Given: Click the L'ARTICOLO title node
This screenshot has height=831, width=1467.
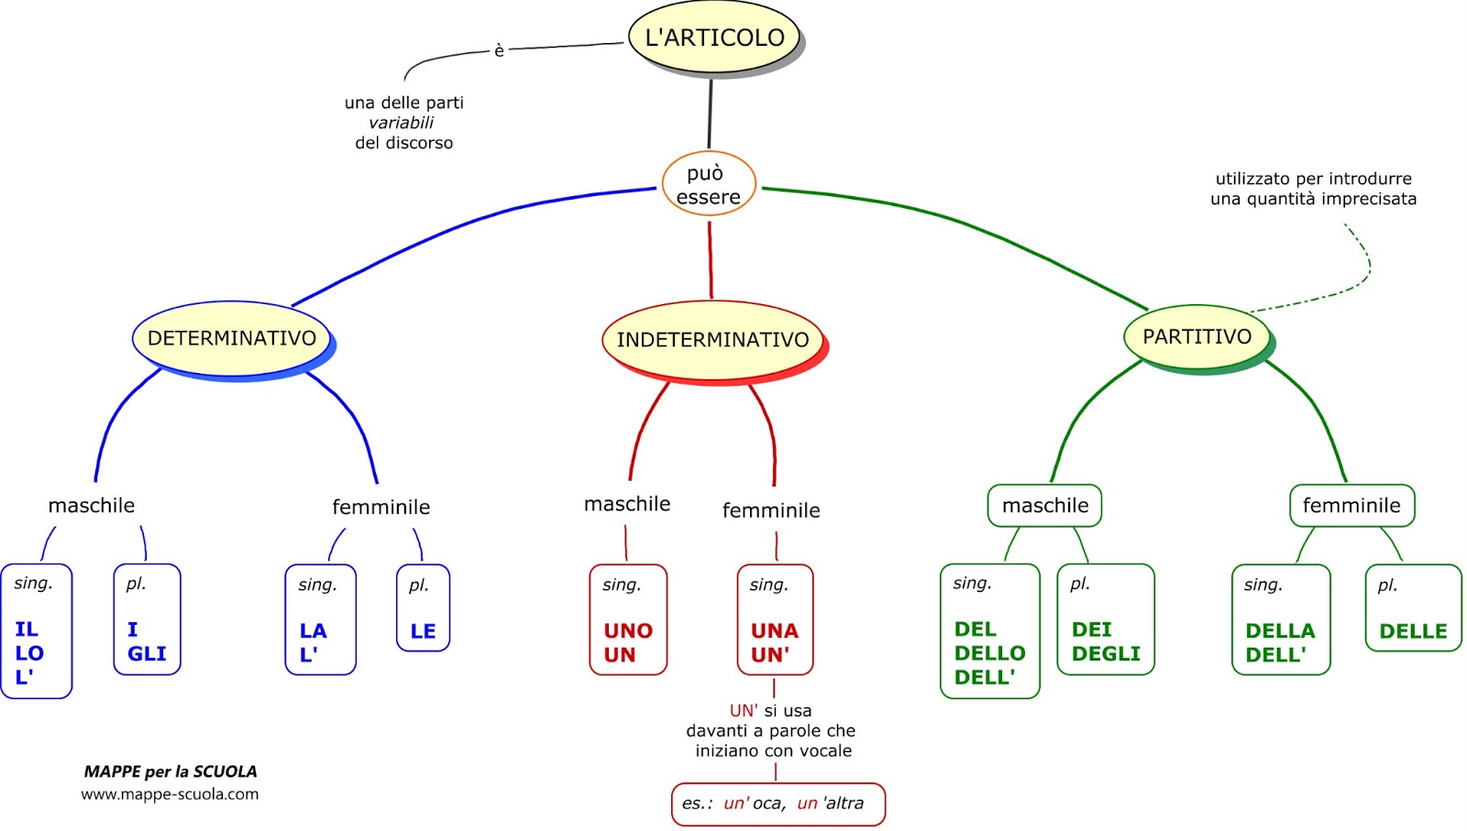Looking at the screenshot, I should [714, 38].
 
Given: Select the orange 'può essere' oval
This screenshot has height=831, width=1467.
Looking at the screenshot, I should [708, 184].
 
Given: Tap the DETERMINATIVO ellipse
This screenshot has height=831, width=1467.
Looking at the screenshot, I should [232, 338].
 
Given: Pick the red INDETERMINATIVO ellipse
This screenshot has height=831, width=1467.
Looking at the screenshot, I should [712, 340].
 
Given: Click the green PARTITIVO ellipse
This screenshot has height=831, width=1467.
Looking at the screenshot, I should [1197, 336].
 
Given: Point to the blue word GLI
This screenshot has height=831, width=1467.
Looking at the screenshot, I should [147, 653].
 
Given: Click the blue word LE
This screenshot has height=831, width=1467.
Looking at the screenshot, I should [423, 631].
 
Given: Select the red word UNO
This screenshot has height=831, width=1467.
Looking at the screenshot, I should [628, 630].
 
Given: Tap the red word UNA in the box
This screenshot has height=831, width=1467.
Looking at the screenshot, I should [775, 630].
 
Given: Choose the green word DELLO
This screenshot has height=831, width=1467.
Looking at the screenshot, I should [989, 653].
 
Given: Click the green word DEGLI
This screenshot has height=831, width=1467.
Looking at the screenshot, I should [1106, 653].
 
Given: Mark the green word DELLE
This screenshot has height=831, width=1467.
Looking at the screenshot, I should [1413, 631].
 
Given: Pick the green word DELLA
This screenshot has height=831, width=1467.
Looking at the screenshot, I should [1280, 630].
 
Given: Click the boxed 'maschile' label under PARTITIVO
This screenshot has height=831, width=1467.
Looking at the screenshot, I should [1044, 506].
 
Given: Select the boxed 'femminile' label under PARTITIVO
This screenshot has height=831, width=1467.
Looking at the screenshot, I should [1351, 506].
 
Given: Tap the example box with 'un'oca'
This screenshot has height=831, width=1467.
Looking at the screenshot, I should [778, 804].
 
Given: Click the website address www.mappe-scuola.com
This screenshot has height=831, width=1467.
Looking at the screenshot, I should [170, 794].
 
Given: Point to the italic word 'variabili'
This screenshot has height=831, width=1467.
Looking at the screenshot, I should [402, 123].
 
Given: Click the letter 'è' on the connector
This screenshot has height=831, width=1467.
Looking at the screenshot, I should [499, 50].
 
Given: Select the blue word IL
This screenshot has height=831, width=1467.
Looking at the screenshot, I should [27, 629].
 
